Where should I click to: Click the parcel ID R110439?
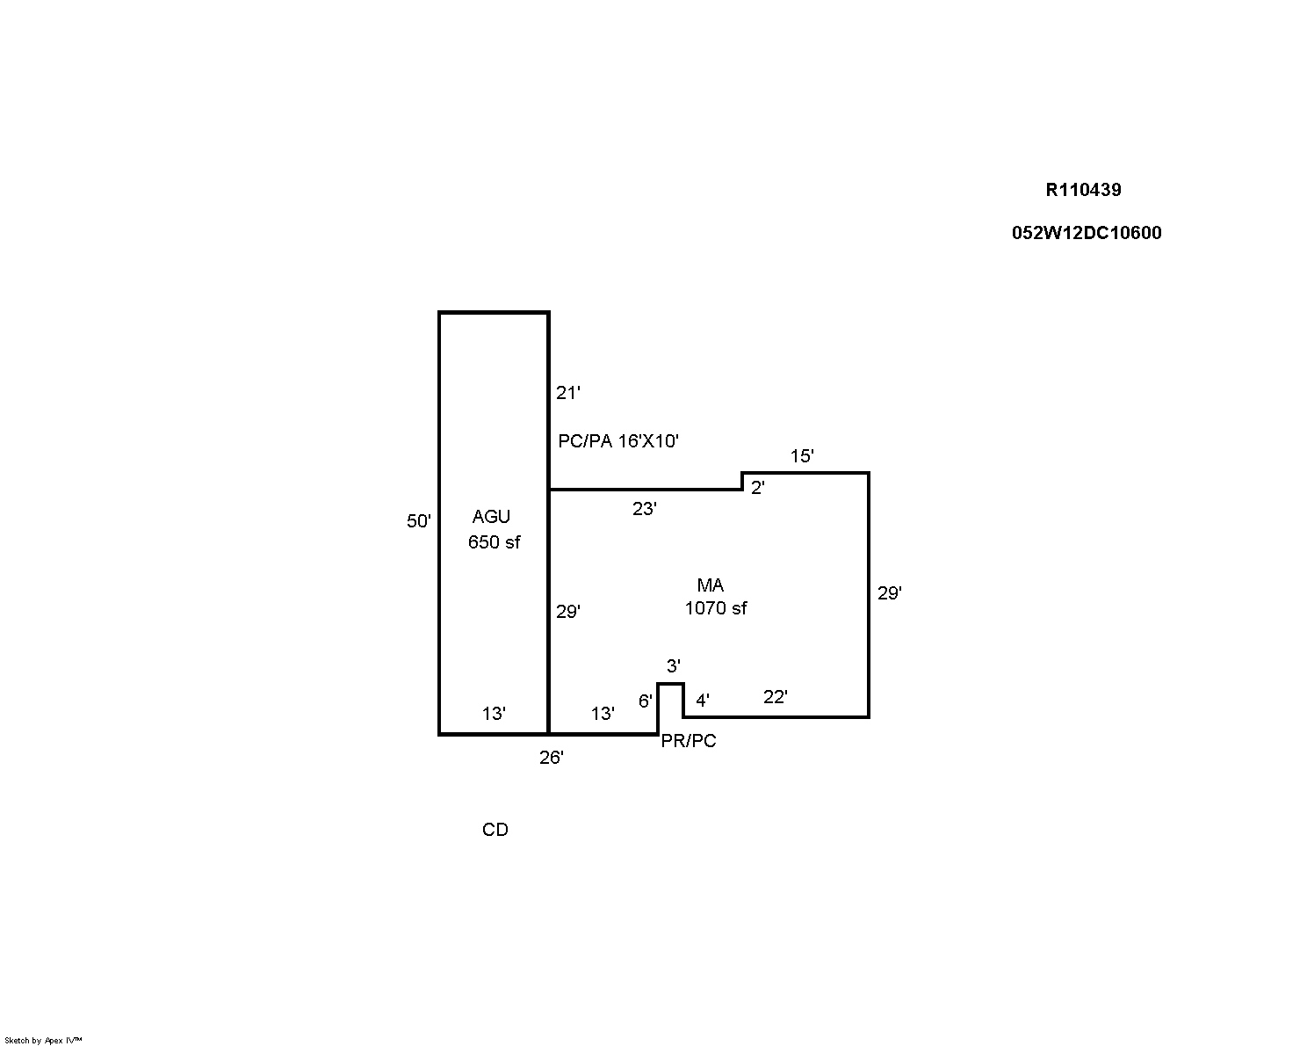(x=1083, y=190)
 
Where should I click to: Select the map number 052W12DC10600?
(x=1087, y=233)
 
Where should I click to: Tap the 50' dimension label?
(x=418, y=521)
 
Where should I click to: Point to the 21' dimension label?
(x=568, y=393)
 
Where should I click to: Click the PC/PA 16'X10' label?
(x=618, y=440)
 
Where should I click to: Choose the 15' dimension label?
(x=802, y=456)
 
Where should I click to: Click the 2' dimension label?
(x=757, y=488)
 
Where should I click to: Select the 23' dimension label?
(x=645, y=509)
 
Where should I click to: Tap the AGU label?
(x=491, y=517)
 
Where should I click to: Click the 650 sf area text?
(x=494, y=542)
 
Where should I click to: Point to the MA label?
(x=710, y=585)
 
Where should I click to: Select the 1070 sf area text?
(x=716, y=608)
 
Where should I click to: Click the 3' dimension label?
(x=673, y=666)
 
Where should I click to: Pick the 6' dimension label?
(x=645, y=701)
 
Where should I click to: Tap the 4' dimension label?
(x=702, y=701)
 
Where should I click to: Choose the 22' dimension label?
(x=775, y=697)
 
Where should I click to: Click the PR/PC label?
(x=689, y=741)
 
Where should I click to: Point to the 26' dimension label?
(x=552, y=758)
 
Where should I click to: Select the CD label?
(x=495, y=830)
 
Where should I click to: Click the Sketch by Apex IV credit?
(x=43, y=1040)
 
